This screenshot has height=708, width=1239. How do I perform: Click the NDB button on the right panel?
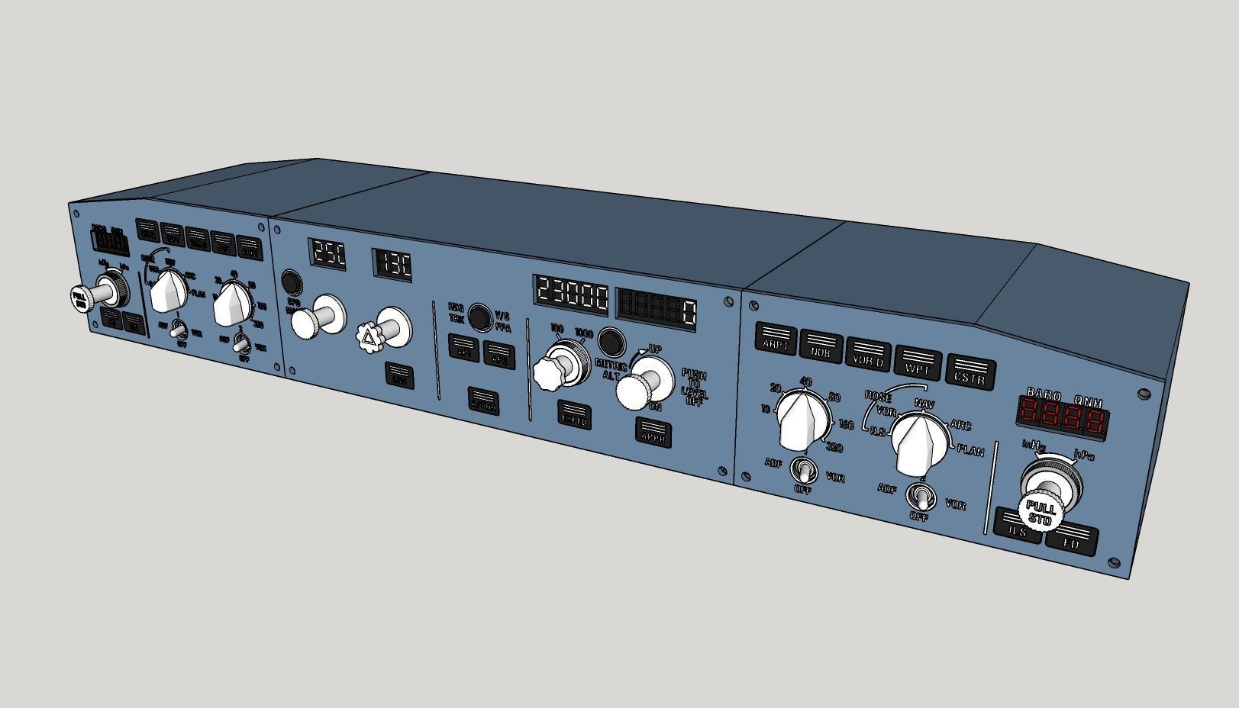(x=821, y=346)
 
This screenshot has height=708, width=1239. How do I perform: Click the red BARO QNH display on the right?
(x=1063, y=417)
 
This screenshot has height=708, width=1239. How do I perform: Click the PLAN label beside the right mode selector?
(x=970, y=451)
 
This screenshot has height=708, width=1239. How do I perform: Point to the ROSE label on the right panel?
(x=877, y=397)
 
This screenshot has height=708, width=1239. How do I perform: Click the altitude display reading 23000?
(x=572, y=293)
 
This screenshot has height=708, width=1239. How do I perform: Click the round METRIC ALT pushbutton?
(x=610, y=341)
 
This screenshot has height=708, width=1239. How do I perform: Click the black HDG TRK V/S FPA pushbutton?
(x=479, y=316)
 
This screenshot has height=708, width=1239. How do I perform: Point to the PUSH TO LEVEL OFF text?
(x=694, y=388)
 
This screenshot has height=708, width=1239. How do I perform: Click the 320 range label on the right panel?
(x=834, y=447)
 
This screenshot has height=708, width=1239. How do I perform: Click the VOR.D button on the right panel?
(x=868, y=356)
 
